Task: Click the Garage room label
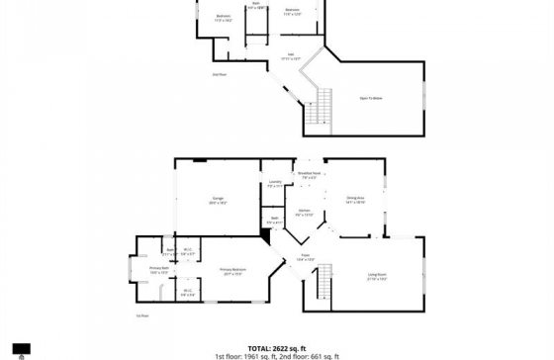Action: (218, 200)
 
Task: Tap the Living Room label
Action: (377, 276)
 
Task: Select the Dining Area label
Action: (355, 200)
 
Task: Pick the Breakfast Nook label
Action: (309, 176)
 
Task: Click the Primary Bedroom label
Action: (232, 271)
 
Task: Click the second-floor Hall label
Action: (291, 55)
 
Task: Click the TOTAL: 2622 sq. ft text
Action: (276, 348)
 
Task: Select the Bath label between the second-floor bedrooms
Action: (255, 5)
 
